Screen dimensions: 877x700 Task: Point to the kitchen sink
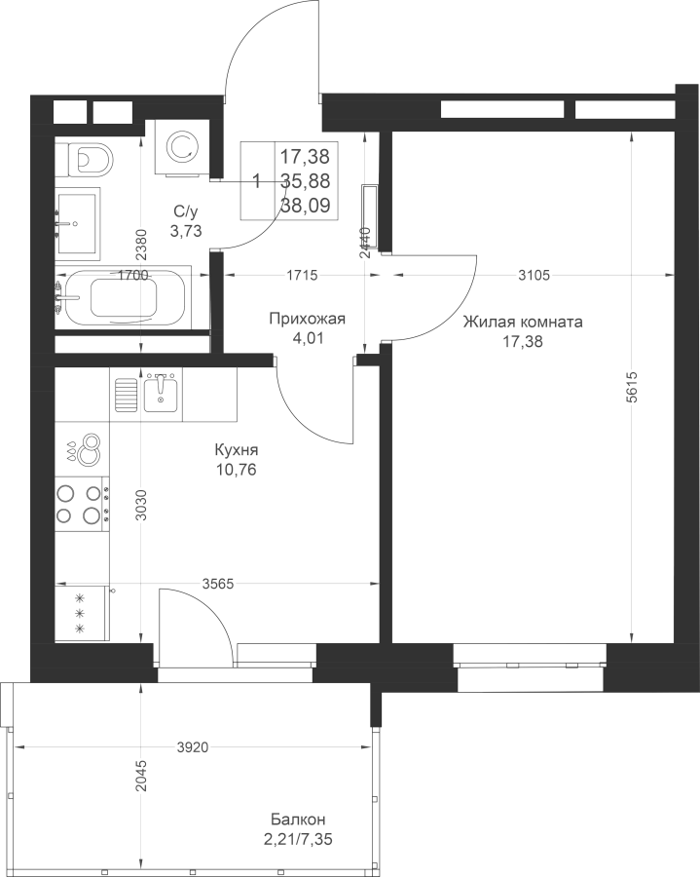159,394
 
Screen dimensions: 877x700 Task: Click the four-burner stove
80,505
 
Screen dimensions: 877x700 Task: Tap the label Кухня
236,451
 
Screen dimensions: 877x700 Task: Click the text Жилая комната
523,323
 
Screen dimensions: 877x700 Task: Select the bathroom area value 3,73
185,231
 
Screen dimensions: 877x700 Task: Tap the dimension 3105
534,276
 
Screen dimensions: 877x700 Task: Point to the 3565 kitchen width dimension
216,584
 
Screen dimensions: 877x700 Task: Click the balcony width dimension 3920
192,747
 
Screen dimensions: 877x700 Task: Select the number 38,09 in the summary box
305,205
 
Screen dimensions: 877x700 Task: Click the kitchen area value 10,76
236,470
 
